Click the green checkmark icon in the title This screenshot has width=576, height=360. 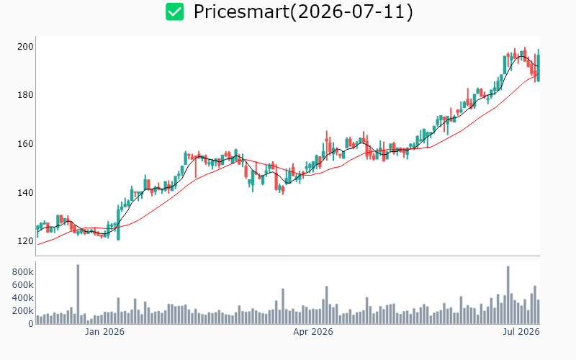(x=174, y=12)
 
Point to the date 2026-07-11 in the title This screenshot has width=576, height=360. (x=351, y=12)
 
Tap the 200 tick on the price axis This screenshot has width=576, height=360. (x=25, y=47)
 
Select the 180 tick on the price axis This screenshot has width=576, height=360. (x=25, y=95)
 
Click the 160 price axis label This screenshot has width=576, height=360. (x=25, y=144)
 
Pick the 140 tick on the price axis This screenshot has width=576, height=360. (x=25, y=193)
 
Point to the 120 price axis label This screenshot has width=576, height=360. (x=25, y=241)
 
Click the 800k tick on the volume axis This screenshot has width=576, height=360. (x=23, y=272)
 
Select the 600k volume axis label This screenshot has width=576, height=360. (x=23, y=285)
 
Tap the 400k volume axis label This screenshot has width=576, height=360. (x=23, y=298)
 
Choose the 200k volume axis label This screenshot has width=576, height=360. (x=23, y=311)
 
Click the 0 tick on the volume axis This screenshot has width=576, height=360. (x=31, y=324)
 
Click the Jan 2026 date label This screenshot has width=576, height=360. (x=104, y=332)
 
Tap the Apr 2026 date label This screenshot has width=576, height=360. (x=313, y=332)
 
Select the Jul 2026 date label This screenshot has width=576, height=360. (x=521, y=332)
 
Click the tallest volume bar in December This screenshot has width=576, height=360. (x=78, y=294)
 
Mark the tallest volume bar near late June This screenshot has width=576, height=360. (x=508, y=295)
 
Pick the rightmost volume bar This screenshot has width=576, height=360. (x=538, y=312)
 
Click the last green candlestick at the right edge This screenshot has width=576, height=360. (x=538, y=68)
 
